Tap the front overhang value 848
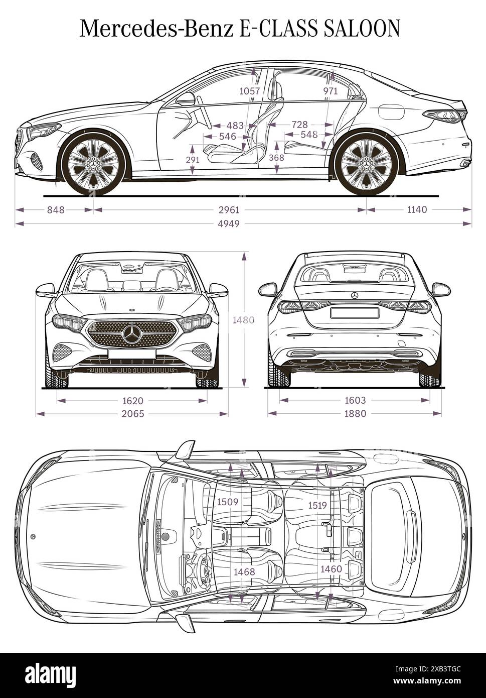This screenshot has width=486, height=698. (56, 209)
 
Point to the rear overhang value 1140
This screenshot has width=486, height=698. (417, 209)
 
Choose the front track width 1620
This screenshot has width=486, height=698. (132, 401)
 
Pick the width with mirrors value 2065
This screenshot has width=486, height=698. (132, 414)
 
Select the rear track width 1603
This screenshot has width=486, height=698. (355, 401)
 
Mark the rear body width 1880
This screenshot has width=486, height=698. (355, 414)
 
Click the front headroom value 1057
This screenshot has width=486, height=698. (249, 91)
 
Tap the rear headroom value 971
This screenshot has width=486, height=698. (330, 91)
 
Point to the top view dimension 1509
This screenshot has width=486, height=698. (227, 502)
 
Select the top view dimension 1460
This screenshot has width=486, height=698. (331, 569)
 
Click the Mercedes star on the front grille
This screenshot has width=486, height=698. (132, 334)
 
